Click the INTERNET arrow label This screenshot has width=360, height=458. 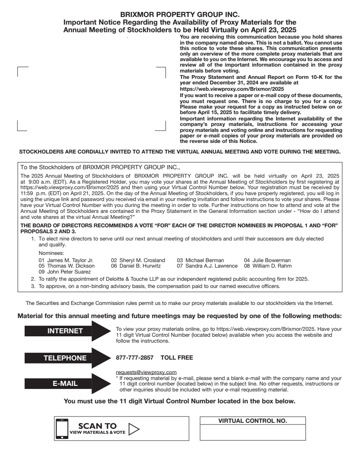(x=65, y=331)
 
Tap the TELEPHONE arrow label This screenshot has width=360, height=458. (x=65, y=358)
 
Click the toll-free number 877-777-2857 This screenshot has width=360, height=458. (x=134, y=358)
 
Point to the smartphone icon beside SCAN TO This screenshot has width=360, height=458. (x=62, y=429)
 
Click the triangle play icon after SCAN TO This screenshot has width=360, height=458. (x=134, y=428)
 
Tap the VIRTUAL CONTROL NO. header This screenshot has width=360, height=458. (x=252, y=421)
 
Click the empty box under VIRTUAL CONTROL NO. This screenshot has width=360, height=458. (x=252, y=433)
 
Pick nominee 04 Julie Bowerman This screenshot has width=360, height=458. (x=267, y=260)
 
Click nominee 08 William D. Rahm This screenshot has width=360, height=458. (x=268, y=266)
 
